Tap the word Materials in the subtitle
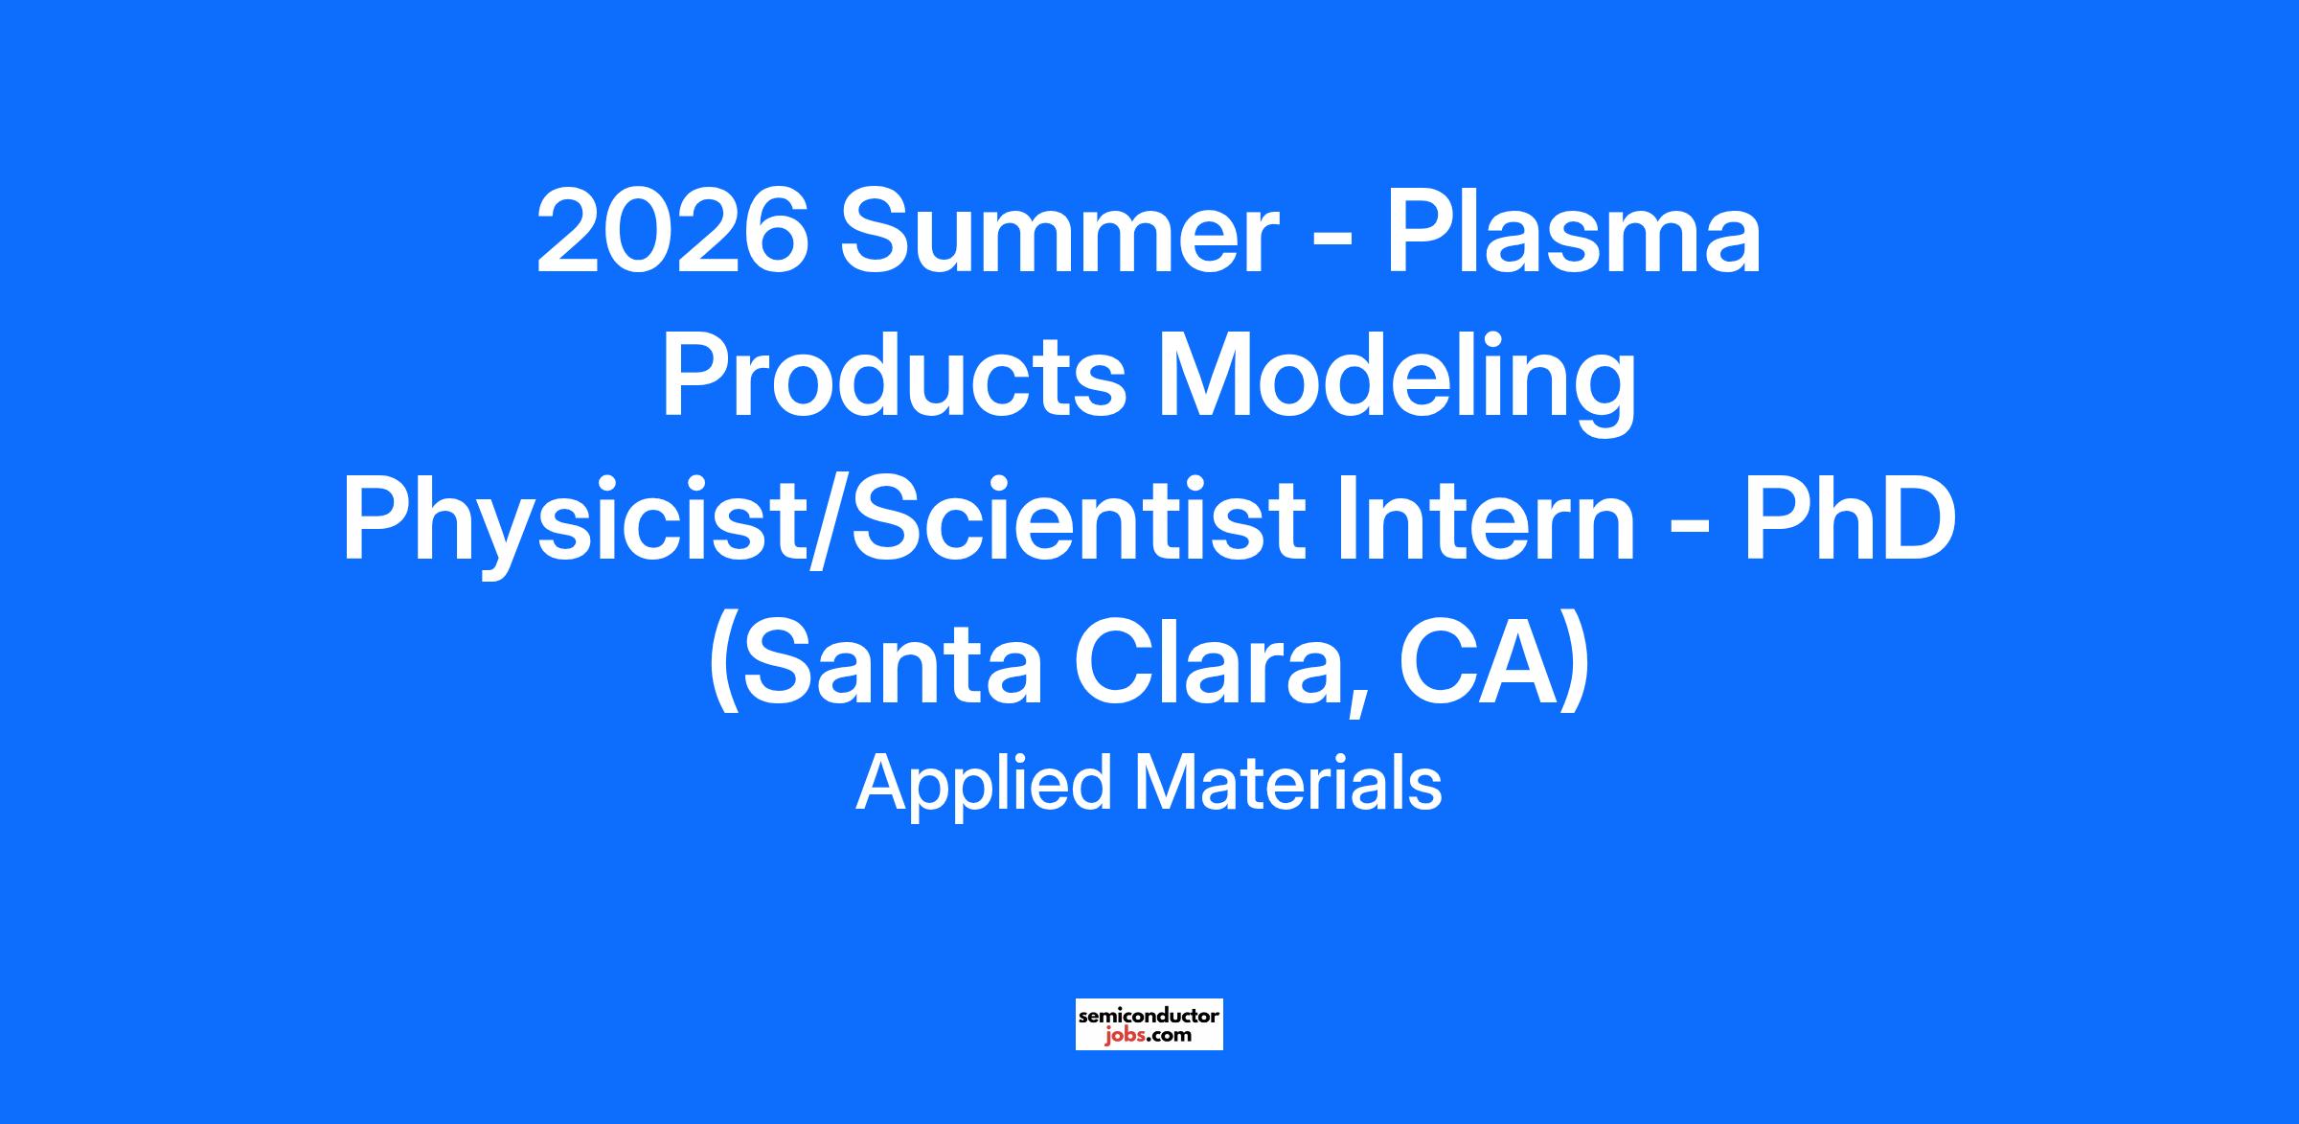(1287, 781)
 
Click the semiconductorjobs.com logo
(1149, 1023)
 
